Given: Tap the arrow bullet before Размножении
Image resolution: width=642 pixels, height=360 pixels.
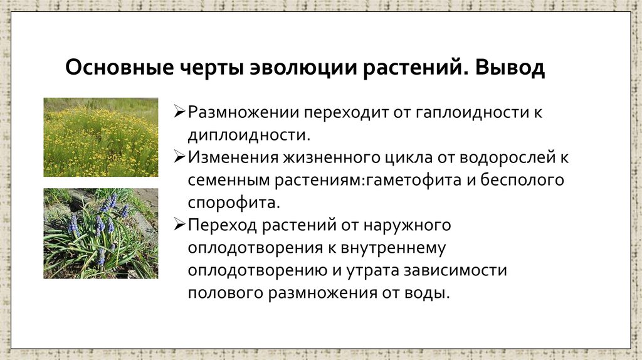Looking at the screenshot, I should (179, 113).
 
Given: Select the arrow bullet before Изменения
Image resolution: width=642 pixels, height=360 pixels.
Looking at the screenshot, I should (179, 157).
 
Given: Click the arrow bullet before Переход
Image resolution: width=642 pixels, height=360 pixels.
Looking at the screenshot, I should (179, 224).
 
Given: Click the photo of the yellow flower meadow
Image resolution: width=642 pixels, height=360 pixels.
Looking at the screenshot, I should (101, 137).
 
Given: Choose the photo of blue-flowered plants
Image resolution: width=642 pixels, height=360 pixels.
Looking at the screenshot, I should (101, 233).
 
